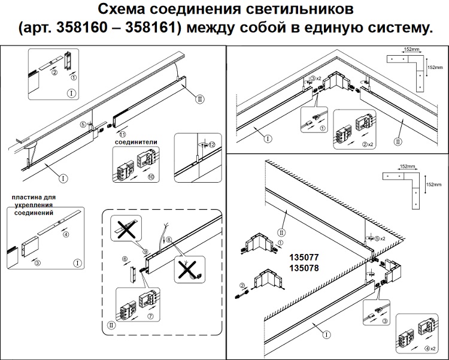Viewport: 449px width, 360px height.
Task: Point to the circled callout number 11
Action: [x=123, y=134]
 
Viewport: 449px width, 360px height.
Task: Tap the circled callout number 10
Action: [x=151, y=178]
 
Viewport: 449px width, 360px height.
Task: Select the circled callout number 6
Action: [x=125, y=259]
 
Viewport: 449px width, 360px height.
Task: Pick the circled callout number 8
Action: [x=169, y=239]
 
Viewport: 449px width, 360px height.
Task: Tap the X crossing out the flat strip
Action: [x=125, y=228]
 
